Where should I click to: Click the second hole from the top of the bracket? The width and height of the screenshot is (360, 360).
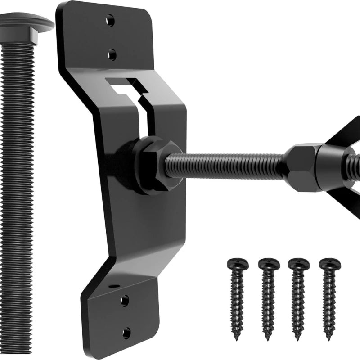click(x=112, y=55)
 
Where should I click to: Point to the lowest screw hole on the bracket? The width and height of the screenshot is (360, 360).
click(x=126, y=333)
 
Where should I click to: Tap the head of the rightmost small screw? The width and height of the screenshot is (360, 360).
click(x=329, y=264)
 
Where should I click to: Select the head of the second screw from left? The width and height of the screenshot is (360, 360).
click(x=269, y=264)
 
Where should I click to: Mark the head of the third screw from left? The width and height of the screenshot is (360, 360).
click(x=298, y=264)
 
